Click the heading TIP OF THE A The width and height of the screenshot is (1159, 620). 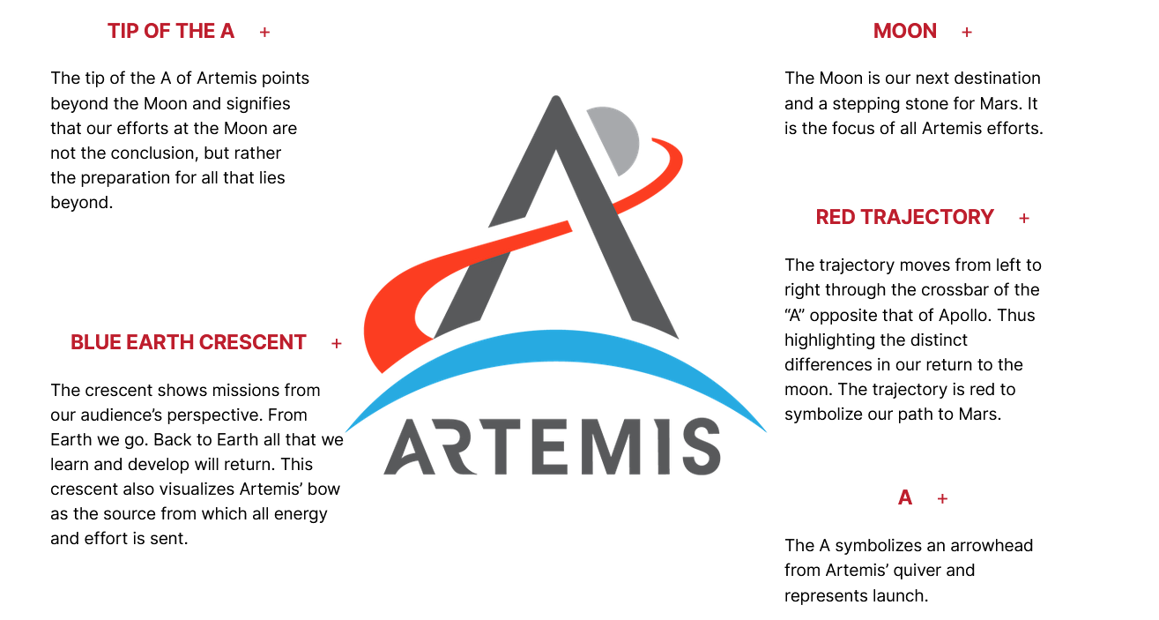point(171,32)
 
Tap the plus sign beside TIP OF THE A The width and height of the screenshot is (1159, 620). point(264,33)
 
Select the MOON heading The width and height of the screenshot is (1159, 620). point(904,32)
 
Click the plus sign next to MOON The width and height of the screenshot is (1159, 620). point(967,33)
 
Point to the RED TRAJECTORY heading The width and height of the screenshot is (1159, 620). point(904,217)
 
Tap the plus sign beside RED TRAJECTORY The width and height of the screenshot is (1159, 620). point(1024,218)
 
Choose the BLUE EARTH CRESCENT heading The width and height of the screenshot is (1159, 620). point(189,342)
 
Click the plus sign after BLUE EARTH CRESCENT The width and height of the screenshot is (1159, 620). point(337,343)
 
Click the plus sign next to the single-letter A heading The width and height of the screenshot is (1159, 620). point(942,499)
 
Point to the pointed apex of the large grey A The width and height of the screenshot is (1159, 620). point(554,101)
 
